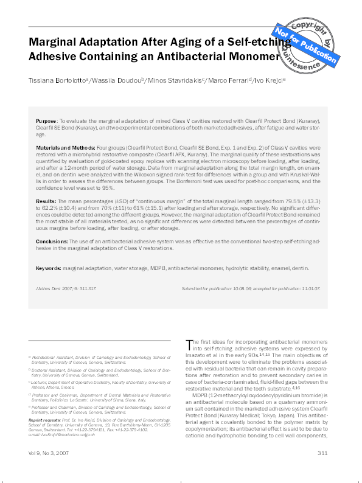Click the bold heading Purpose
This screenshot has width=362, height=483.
pyautogui.click(x=46, y=122)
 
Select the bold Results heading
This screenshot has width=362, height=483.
pyautogui.click(x=46, y=200)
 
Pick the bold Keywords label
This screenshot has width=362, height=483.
pyautogui.click(x=48, y=268)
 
